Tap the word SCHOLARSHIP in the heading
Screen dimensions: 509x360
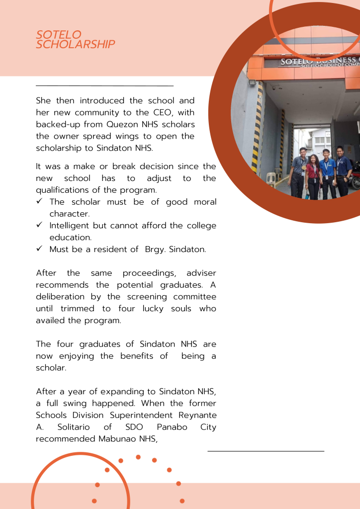[x=76, y=44]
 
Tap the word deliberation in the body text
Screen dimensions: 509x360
[x=59, y=297]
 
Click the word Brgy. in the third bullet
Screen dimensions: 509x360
[x=155, y=249]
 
